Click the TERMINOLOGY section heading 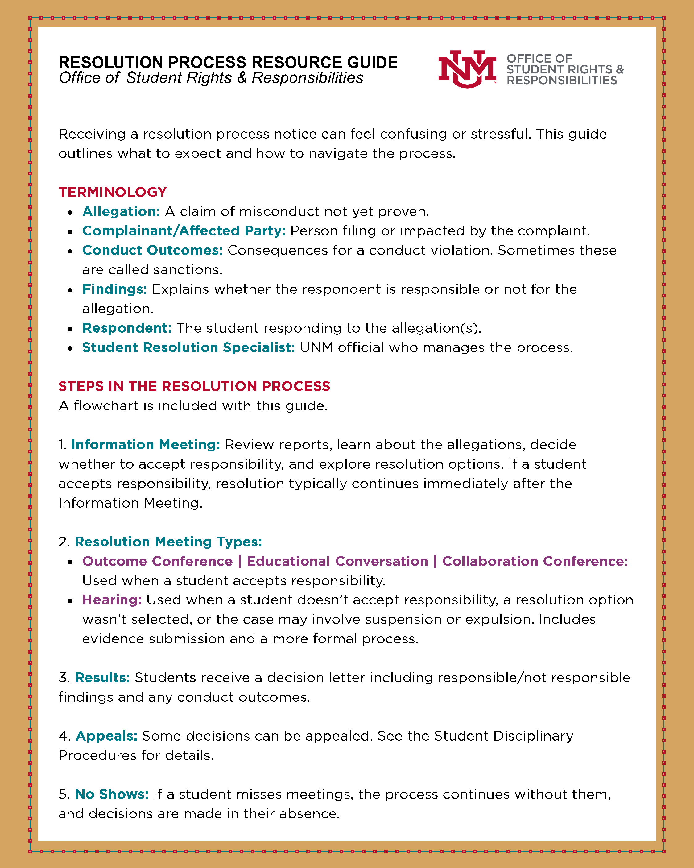113,192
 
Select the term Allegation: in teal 121,211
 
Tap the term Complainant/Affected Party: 184,231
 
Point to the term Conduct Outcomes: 153,250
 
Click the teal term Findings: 115,289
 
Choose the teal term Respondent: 127,328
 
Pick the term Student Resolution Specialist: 189,347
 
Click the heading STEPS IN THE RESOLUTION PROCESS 194,386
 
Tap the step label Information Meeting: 146,444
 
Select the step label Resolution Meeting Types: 168,542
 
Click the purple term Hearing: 112,600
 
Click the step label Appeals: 107,736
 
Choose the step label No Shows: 112,794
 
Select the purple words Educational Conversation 337,561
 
